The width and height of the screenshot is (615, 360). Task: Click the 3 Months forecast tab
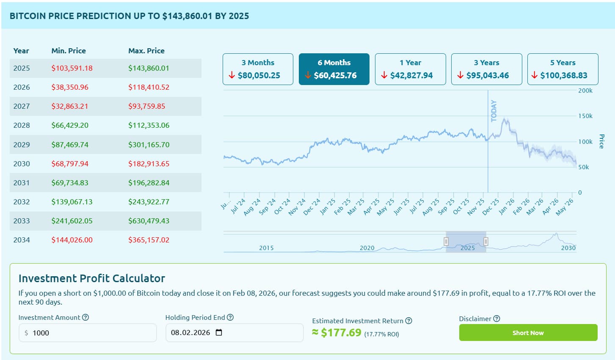[x=258, y=69]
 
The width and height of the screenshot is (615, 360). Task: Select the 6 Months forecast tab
[x=334, y=69]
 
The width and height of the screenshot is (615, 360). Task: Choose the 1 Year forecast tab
[x=410, y=69]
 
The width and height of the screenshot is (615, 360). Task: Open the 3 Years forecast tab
[x=486, y=69]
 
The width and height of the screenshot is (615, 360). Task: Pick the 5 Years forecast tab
[x=563, y=69]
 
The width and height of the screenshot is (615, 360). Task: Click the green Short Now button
[x=528, y=333]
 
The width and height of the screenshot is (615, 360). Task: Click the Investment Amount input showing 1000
[x=88, y=333]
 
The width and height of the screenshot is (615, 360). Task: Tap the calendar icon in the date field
[x=219, y=333]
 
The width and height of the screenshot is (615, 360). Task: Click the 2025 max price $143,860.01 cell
[x=149, y=68]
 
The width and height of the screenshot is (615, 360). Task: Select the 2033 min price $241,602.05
[x=72, y=221]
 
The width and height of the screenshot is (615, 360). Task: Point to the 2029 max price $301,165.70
[x=149, y=145]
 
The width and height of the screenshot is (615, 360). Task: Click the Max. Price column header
[x=146, y=51]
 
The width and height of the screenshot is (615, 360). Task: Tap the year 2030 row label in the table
[x=22, y=164]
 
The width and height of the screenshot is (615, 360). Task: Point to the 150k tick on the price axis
[x=585, y=116]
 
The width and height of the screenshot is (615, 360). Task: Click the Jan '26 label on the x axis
[x=506, y=207]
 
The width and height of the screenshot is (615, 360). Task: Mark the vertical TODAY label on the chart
[x=494, y=111]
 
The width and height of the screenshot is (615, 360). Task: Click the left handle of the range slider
[x=446, y=242]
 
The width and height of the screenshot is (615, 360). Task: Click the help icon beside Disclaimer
[x=497, y=319]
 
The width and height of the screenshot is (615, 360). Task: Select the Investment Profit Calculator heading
[x=92, y=278]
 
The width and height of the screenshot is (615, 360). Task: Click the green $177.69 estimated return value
[x=341, y=333]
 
